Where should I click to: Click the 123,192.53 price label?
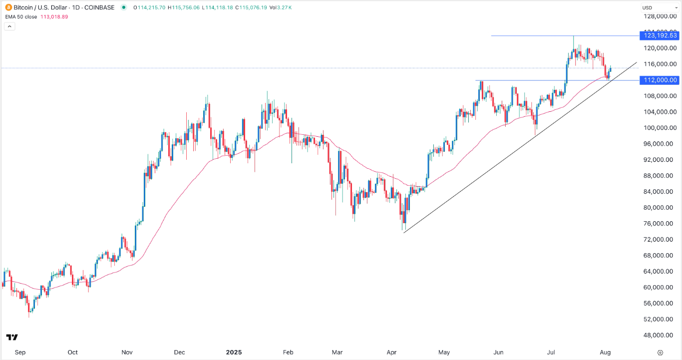point(660,35)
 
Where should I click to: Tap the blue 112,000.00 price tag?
point(660,80)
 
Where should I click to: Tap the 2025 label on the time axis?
point(233,352)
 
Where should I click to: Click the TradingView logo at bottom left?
point(12,338)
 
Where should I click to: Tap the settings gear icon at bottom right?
point(660,352)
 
